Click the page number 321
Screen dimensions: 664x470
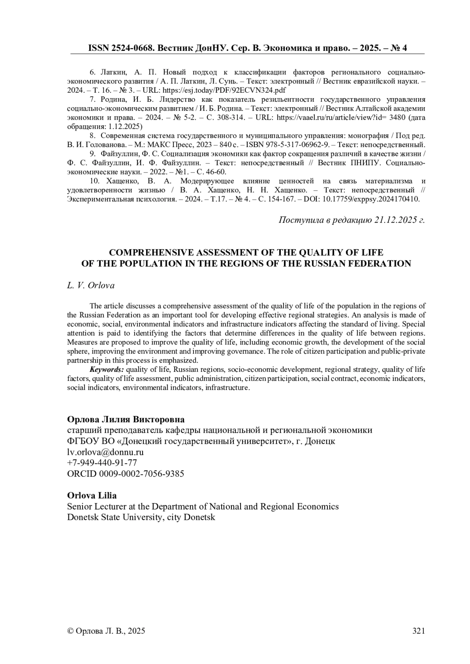[x=418, y=630]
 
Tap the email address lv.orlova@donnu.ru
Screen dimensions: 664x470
[x=105, y=452]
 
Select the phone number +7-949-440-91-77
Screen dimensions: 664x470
[x=102, y=463]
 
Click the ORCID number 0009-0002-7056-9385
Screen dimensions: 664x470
[x=141, y=474]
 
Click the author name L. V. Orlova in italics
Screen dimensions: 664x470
[x=91, y=285]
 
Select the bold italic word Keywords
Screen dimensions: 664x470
[x=107, y=370]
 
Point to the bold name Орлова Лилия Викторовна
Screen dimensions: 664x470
[x=126, y=419]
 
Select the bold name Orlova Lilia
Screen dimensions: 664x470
[x=92, y=495]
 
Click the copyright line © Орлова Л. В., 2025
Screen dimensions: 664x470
[x=106, y=630]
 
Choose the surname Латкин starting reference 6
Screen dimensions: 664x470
[x=114, y=72]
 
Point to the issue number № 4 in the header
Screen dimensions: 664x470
[x=398, y=48]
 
